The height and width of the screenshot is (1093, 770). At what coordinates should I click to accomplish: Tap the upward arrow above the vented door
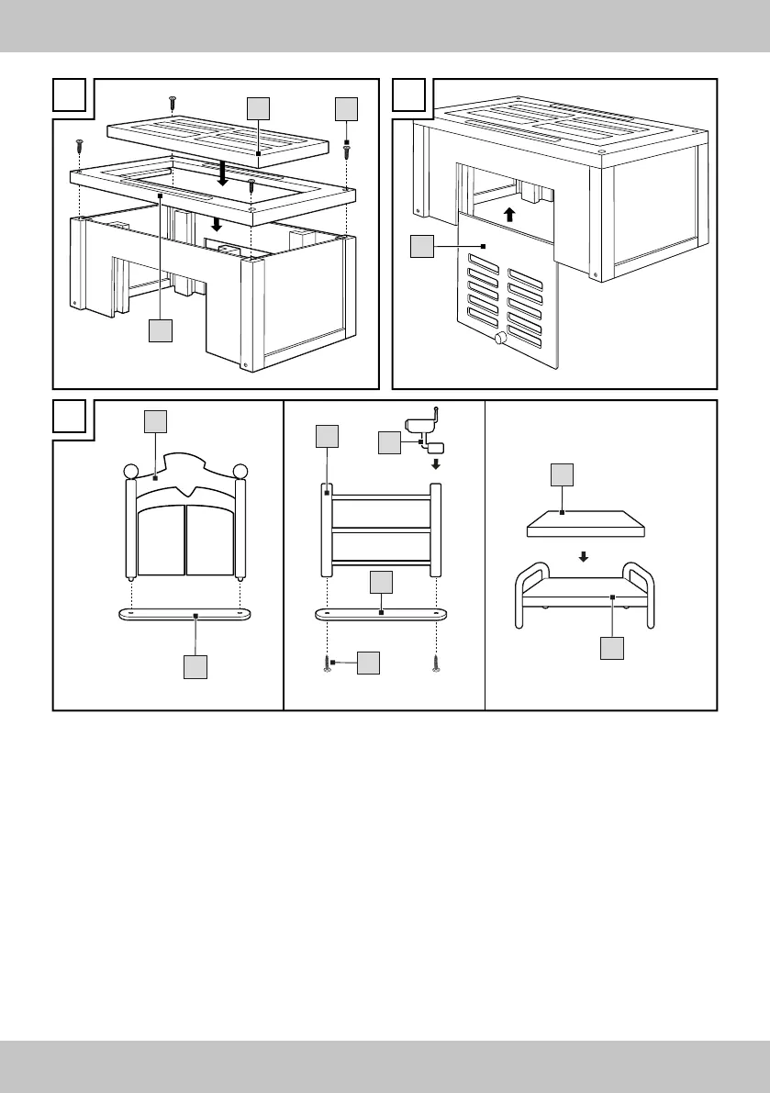tap(509, 216)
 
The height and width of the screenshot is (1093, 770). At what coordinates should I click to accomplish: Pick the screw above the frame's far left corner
tap(80, 144)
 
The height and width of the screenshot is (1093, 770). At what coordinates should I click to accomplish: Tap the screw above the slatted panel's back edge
tap(172, 100)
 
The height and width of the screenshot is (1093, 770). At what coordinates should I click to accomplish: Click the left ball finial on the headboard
tap(130, 472)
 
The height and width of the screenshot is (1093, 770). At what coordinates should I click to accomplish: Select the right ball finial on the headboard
tap(241, 472)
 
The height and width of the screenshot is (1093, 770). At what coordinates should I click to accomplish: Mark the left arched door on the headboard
tap(161, 542)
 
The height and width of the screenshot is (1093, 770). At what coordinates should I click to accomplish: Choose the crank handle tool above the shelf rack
tap(421, 428)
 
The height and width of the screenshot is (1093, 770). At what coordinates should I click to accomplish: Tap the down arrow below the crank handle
tap(436, 463)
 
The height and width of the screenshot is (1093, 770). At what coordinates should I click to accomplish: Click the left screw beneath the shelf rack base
tap(328, 663)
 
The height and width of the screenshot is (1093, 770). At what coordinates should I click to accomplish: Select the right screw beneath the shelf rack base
tap(436, 663)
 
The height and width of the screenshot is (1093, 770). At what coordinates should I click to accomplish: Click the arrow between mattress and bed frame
tap(586, 556)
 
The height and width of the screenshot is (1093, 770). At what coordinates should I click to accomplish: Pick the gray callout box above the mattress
tap(561, 475)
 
